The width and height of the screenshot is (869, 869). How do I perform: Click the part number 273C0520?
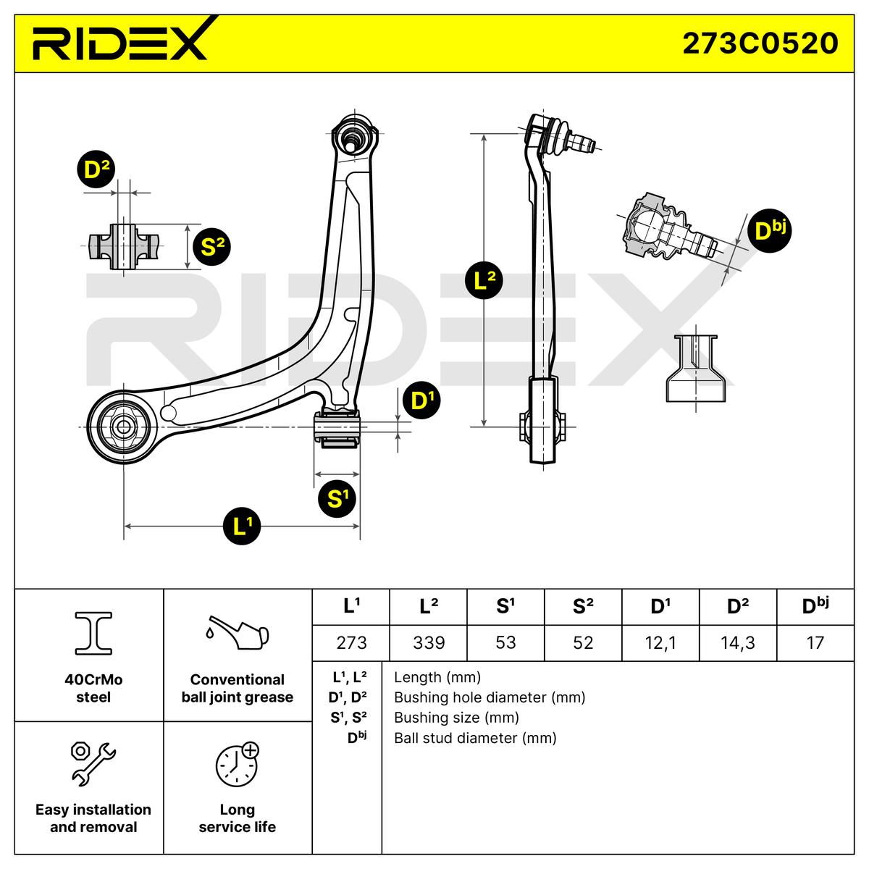pyautogui.click(x=760, y=43)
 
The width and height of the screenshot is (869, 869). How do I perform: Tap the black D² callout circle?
pyautogui.click(x=96, y=169)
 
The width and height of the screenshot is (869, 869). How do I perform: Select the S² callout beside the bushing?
pyautogui.click(x=211, y=247)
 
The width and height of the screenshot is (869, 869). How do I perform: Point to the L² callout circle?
pyautogui.click(x=484, y=280)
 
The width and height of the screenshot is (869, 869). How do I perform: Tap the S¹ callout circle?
pyautogui.click(x=337, y=499)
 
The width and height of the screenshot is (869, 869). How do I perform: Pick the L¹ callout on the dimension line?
pyautogui.click(x=242, y=526)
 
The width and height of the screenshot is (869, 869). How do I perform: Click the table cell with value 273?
pyautogui.click(x=351, y=642)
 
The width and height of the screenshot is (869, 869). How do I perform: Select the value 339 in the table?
pyautogui.click(x=429, y=642)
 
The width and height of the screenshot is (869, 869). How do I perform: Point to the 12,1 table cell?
pyautogui.click(x=660, y=642)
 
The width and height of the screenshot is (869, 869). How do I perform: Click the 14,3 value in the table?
pyautogui.click(x=738, y=642)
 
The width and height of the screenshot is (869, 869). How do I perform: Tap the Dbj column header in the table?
pyautogui.click(x=815, y=605)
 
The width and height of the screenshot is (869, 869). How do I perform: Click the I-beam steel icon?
pyautogui.click(x=93, y=633)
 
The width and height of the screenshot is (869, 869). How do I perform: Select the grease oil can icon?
pyautogui.click(x=237, y=632)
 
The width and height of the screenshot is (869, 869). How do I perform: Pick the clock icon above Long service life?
pyautogui.click(x=238, y=764)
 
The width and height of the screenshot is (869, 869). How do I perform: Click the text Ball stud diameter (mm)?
pyautogui.click(x=475, y=738)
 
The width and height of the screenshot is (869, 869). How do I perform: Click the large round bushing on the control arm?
pyautogui.click(x=122, y=427)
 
